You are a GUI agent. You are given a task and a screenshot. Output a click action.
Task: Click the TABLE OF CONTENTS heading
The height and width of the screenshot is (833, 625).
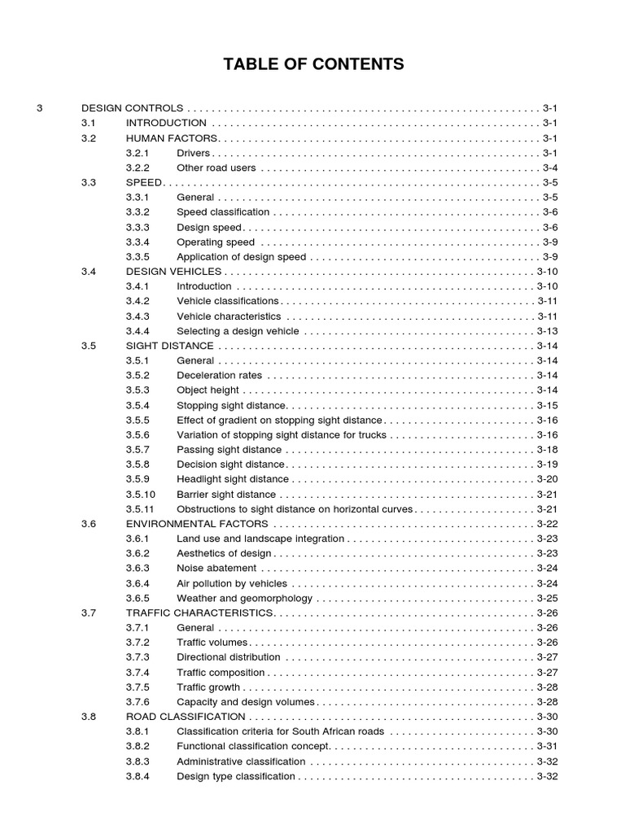click(x=313, y=64)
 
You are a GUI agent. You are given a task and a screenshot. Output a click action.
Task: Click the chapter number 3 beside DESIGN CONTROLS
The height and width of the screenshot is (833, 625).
click(x=40, y=108)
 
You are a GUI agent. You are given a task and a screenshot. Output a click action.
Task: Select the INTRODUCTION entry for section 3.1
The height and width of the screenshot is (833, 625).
click(x=166, y=123)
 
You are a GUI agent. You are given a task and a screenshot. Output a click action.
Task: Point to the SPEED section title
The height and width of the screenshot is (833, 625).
click(x=144, y=182)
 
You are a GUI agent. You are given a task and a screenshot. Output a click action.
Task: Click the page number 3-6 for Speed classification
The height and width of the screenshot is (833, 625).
click(x=550, y=212)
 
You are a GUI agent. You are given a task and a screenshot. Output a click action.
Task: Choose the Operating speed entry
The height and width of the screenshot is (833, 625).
click(x=216, y=242)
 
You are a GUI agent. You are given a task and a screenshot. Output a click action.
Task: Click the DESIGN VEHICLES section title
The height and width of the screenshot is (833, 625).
click(x=173, y=272)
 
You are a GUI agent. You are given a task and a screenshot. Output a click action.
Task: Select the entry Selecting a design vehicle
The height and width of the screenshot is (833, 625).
click(x=238, y=331)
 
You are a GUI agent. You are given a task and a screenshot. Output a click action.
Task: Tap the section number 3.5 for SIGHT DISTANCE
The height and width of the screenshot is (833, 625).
click(x=89, y=346)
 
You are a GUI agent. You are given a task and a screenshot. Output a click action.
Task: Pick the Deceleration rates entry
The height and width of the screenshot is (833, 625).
click(x=220, y=376)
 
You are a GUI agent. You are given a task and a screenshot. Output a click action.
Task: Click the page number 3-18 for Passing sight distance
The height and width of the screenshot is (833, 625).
click(x=547, y=450)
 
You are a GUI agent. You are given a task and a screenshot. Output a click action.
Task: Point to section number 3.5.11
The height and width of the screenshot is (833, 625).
click(x=141, y=509)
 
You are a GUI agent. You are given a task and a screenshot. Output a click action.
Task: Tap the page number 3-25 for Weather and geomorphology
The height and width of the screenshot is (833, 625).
click(x=547, y=598)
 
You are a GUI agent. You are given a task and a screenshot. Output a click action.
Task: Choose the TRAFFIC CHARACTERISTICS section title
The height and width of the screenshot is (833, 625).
click(x=199, y=613)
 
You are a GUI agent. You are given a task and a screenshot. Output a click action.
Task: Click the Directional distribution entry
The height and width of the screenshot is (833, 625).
click(x=229, y=657)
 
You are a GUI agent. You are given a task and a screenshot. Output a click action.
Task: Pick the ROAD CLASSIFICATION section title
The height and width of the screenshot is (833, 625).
click(x=186, y=717)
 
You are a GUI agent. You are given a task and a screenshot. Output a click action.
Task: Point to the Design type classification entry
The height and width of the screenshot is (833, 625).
click(x=236, y=777)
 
